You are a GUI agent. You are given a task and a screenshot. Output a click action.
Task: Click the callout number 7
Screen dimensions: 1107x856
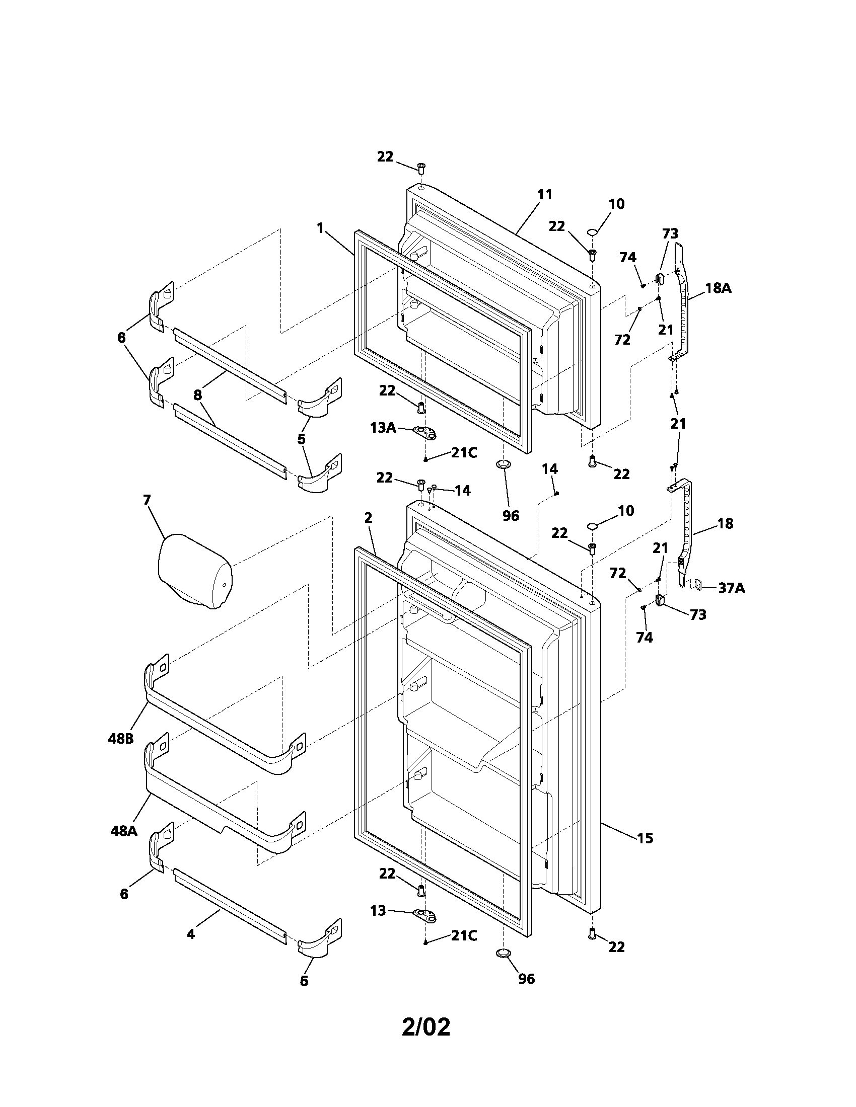[x=147, y=500]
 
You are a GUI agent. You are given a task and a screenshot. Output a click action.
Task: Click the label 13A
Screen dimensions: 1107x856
[x=383, y=427]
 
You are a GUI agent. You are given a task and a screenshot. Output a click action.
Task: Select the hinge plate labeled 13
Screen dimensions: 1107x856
[x=424, y=914]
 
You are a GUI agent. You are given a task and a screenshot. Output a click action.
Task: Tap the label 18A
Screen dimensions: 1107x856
[x=718, y=288]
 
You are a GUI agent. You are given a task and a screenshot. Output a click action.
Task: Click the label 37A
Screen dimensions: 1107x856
[x=731, y=588]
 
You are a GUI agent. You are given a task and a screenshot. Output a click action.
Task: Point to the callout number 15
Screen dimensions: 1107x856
[x=645, y=838]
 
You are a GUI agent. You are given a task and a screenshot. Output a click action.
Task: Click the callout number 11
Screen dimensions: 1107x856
[x=544, y=194]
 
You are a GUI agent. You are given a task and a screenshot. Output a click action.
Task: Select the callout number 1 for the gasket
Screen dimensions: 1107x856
[x=320, y=228]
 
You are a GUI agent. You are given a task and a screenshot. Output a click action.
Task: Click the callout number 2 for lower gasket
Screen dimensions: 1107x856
[x=368, y=517]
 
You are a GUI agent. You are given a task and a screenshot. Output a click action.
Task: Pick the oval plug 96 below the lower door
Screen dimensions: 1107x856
[x=503, y=954]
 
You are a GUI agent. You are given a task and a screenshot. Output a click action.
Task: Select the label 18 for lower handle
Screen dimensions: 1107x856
[x=726, y=524]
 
